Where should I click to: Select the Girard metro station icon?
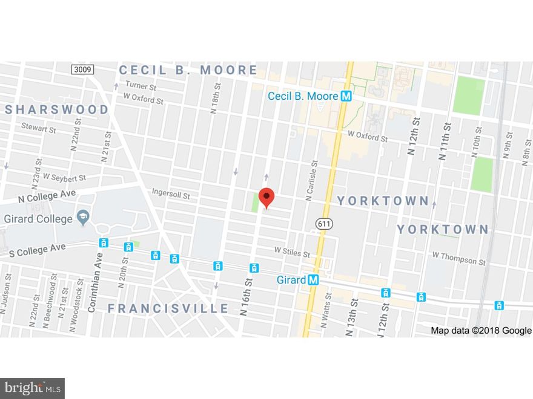point(313,280)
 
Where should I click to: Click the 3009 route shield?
point(82,70)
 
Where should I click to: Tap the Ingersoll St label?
point(171,196)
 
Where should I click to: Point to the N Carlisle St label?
point(311,180)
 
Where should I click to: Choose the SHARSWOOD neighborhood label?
point(57,109)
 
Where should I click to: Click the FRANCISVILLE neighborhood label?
point(168,308)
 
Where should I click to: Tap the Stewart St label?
point(39,128)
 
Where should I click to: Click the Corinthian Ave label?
point(91,284)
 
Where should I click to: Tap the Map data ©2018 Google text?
point(481,330)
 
